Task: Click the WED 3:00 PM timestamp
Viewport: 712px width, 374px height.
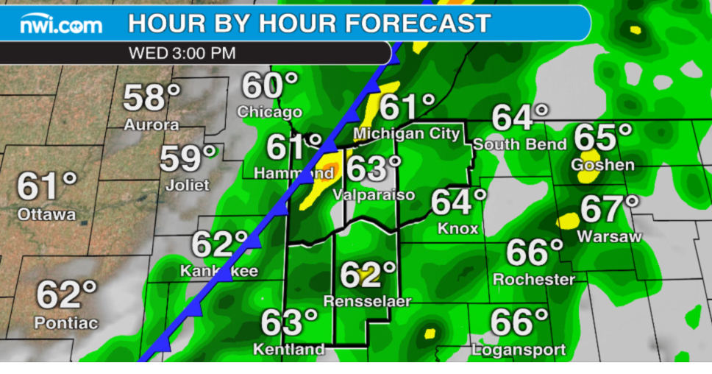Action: pos(182,53)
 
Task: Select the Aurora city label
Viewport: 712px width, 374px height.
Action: pos(151,124)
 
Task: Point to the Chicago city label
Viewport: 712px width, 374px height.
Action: pos(269,112)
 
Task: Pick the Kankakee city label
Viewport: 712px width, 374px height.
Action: pos(219,271)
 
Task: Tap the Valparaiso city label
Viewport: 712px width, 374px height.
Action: pos(374,194)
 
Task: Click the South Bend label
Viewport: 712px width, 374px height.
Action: pos(519,144)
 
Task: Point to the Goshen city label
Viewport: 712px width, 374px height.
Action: pos(602,164)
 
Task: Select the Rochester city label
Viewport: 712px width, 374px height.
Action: pos(534,279)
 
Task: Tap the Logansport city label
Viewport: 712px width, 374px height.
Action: pos(519,349)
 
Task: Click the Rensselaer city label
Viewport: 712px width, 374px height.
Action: pos(367,301)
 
